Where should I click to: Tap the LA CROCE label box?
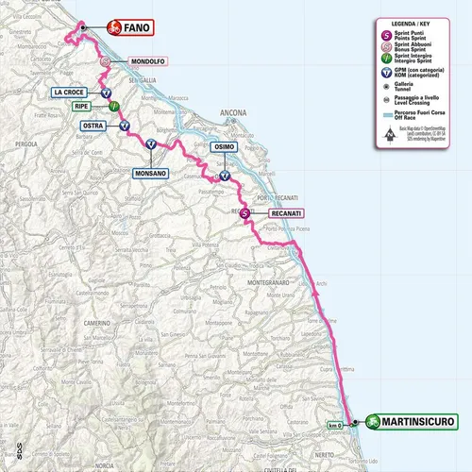[x=72, y=93]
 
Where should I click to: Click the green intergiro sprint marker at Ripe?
[x=113, y=108]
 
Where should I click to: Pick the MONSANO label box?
[x=149, y=175]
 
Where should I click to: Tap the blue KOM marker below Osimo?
[x=225, y=175]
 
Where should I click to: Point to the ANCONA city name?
[x=231, y=113]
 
